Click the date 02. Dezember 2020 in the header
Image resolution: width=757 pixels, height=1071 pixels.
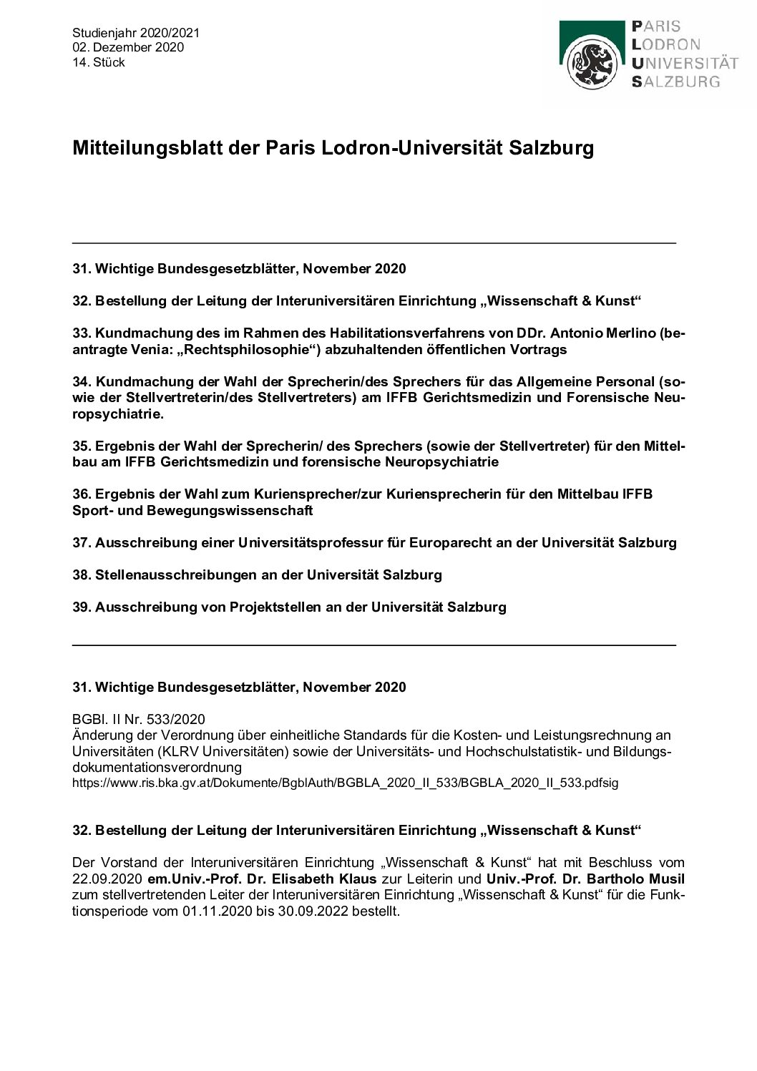pos(128,47)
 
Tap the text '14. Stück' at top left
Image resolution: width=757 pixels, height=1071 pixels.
pos(99,62)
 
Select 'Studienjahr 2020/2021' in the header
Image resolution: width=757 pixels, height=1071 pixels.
pos(136,33)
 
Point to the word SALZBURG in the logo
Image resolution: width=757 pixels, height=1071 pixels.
pos(675,82)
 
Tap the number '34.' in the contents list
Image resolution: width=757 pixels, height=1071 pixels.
pos(82,381)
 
